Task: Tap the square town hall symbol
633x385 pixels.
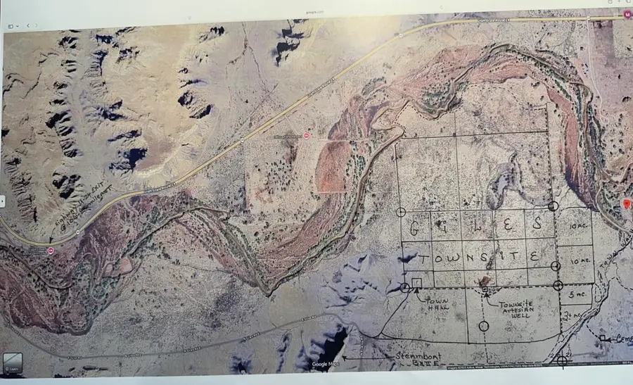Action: [417, 283]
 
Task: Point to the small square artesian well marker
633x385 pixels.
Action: [485, 288]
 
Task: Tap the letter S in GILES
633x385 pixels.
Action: [537, 226]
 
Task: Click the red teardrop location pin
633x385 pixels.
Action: [626, 204]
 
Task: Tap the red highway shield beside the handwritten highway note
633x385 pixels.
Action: [51, 250]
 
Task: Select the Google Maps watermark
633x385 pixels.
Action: [326, 364]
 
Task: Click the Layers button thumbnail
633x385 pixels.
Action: [11, 364]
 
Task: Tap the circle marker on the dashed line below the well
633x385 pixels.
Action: [483, 325]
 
